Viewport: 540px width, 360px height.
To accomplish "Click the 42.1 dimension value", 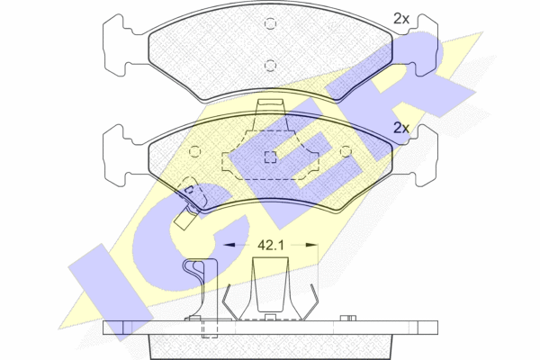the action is pos(271,246).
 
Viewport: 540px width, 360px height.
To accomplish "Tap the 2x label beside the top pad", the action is pos(401,19).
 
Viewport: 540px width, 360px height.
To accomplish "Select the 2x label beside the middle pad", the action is pos(401,128).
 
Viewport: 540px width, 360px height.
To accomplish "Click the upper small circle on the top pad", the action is pos(270,23).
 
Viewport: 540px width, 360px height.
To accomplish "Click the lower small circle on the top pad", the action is pos(270,65).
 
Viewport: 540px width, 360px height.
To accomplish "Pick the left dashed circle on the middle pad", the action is pos(195,151).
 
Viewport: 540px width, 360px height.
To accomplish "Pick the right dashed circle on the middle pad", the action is pos(346,151).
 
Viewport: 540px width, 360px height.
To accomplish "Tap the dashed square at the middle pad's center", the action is pos(270,157).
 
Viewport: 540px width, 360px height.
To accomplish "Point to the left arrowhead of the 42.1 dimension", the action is pos(229,245).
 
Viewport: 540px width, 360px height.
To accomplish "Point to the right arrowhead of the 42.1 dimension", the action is pos(311,245).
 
